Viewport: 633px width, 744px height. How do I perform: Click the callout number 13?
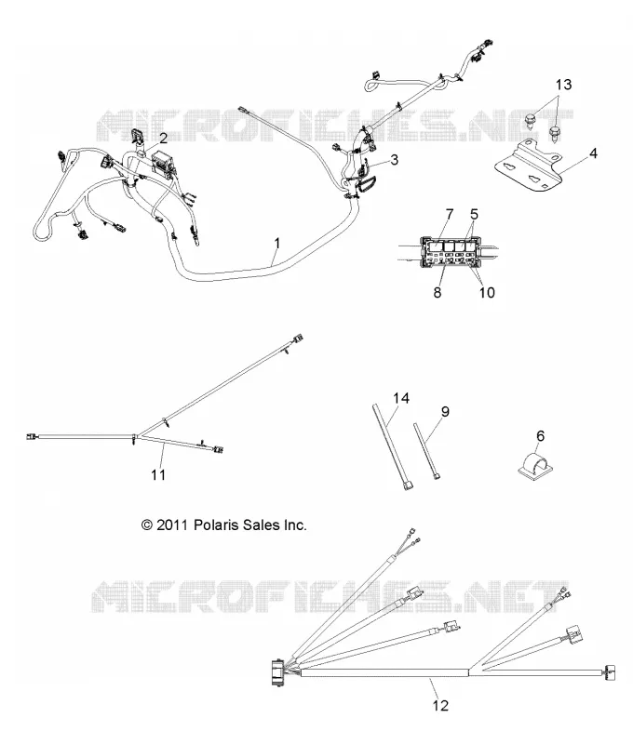(x=564, y=85)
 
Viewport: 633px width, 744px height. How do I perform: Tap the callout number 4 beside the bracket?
(x=593, y=153)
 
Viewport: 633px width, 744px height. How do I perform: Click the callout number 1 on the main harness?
(x=277, y=243)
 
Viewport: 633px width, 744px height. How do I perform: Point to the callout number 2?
(x=163, y=138)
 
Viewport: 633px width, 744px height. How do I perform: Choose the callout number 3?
(x=394, y=159)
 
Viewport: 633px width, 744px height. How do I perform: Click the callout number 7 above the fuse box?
(x=450, y=215)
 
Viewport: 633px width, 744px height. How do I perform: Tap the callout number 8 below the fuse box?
(x=438, y=292)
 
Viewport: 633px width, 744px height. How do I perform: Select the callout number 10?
(x=487, y=292)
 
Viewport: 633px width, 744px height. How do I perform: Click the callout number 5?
(x=474, y=215)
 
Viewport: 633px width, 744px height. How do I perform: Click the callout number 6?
(x=541, y=435)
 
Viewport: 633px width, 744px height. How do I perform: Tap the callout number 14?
(x=401, y=398)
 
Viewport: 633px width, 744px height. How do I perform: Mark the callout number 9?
(x=445, y=411)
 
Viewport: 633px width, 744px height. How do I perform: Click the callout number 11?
(x=158, y=474)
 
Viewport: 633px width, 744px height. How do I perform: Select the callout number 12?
(x=440, y=706)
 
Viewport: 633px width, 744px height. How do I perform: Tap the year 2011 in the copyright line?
(x=172, y=525)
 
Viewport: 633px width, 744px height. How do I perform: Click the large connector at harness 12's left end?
(x=276, y=671)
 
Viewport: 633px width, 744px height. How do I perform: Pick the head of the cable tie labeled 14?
(x=408, y=485)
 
